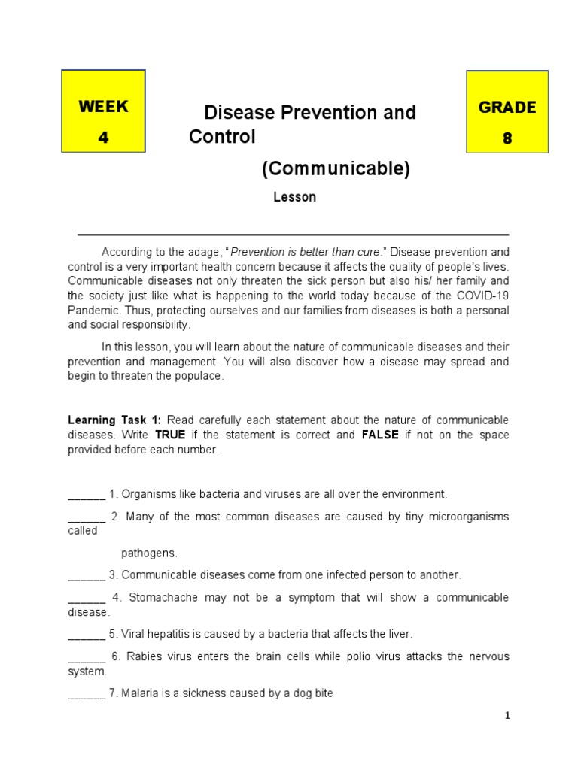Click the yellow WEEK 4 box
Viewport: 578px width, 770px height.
(103, 111)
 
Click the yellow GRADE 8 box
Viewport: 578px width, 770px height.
(507, 111)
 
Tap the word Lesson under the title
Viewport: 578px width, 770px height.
(294, 198)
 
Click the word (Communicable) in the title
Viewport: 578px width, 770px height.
(336, 170)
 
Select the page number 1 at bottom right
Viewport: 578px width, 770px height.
(507, 716)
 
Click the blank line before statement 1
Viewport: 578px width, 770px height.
(87, 495)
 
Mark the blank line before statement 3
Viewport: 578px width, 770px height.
(87, 575)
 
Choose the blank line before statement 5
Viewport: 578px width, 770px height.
(87, 634)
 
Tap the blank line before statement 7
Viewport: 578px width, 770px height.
(87, 693)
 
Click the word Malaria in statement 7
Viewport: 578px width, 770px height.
(140, 693)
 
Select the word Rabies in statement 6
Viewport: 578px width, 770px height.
(143, 656)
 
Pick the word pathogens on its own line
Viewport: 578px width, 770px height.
(149, 553)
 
